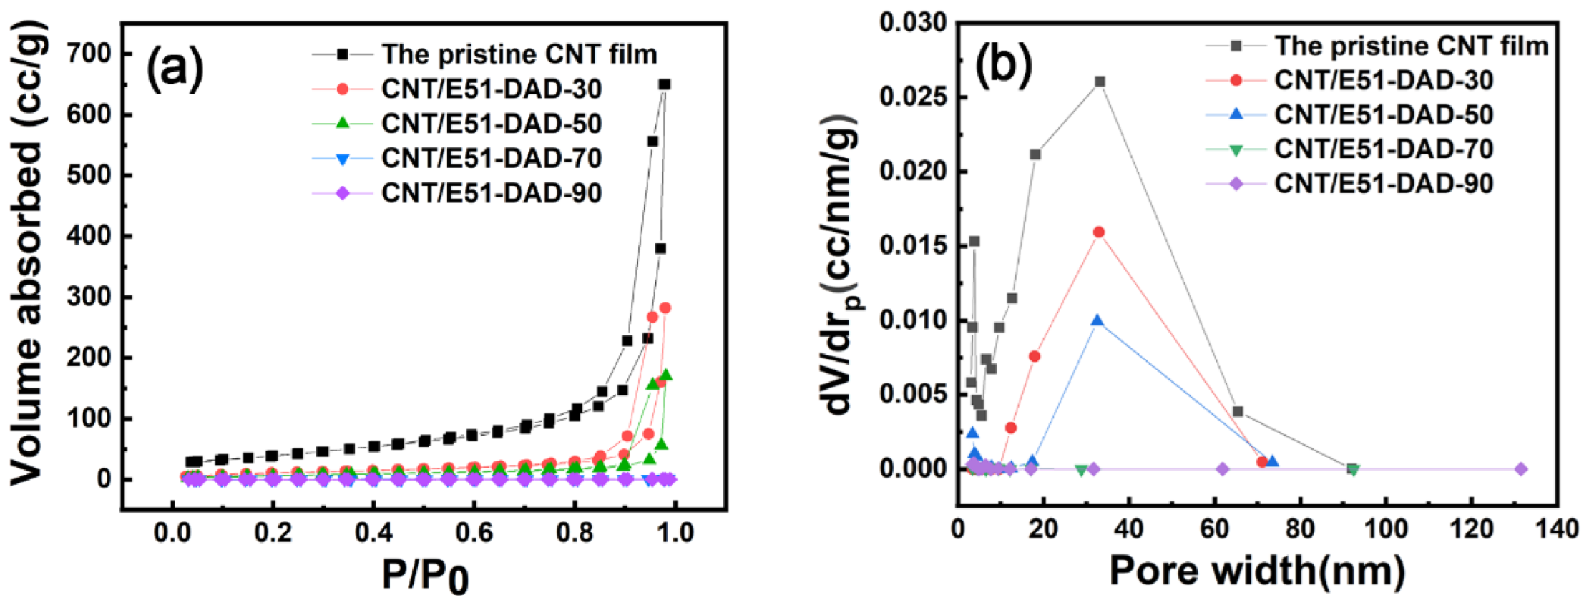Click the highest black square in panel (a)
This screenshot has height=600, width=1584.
pos(665,84)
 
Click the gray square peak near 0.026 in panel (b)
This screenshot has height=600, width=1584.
pos(1100,82)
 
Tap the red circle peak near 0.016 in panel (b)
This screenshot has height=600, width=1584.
pos(1099,232)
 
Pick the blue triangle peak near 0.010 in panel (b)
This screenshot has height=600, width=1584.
pos(1097,320)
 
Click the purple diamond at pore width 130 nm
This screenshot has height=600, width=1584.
pos(1521,469)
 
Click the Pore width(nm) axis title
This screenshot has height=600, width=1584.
pos(1257,571)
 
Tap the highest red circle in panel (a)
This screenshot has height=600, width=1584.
pos(665,308)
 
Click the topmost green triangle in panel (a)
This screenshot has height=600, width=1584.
pos(666,375)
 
